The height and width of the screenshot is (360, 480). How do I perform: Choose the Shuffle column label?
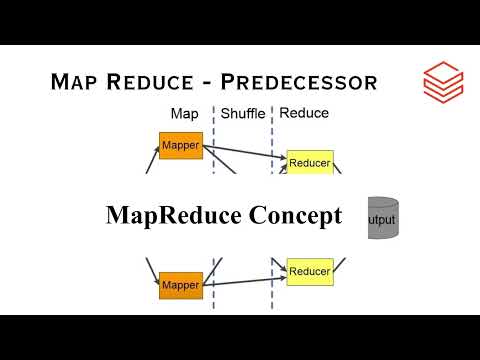242,114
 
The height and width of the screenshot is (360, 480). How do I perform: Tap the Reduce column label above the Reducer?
304,113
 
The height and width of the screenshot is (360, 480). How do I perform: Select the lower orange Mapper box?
181,285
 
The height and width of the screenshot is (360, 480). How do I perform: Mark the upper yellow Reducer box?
309,162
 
